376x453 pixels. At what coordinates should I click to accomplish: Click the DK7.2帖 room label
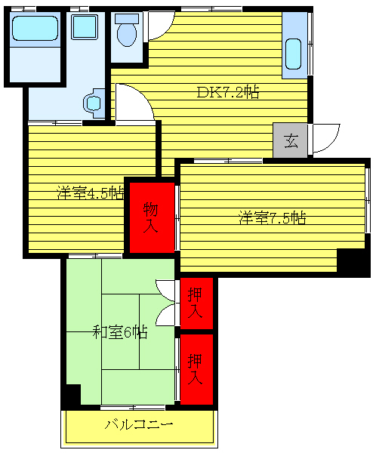(228, 93)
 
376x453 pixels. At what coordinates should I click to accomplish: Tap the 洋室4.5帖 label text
(90, 192)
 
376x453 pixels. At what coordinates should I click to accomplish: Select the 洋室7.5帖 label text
(272, 219)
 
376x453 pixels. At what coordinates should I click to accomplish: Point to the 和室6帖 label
(119, 332)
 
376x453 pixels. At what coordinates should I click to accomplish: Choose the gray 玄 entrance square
(291, 140)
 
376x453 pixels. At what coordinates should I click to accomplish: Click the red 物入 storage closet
(150, 217)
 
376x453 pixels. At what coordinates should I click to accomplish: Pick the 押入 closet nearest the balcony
(196, 369)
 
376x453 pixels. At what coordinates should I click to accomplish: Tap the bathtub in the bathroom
(34, 29)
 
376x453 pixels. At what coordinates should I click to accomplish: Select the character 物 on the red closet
(150, 208)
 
